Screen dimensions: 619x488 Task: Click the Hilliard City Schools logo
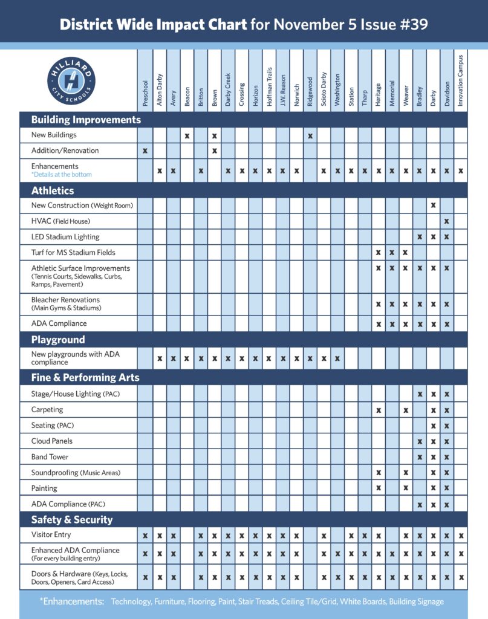click(71, 80)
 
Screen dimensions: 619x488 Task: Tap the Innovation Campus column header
click(460, 81)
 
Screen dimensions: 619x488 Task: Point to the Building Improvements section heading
click(86, 120)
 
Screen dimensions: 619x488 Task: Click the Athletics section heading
click(53, 190)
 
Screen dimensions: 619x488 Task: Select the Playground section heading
click(58, 340)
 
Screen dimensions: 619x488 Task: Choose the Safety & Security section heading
click(72, 519)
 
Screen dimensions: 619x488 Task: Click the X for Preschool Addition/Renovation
click(145, 151)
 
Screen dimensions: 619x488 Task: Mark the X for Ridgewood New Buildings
click(310, 135)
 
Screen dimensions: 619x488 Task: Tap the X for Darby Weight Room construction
click(433, 206)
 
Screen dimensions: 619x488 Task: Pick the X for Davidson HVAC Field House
click(447, 221)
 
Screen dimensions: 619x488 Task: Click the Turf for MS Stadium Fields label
click(73, 252)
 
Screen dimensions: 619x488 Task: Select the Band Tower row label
click(50, 457)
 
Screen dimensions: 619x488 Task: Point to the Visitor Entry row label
click(51, 535)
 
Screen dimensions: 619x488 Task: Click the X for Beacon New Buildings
click(187, 135)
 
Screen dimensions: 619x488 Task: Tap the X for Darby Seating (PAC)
click(433, 426)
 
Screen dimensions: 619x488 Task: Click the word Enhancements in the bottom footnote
click(72, 601)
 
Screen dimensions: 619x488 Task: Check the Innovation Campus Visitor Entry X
click(461, 535)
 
